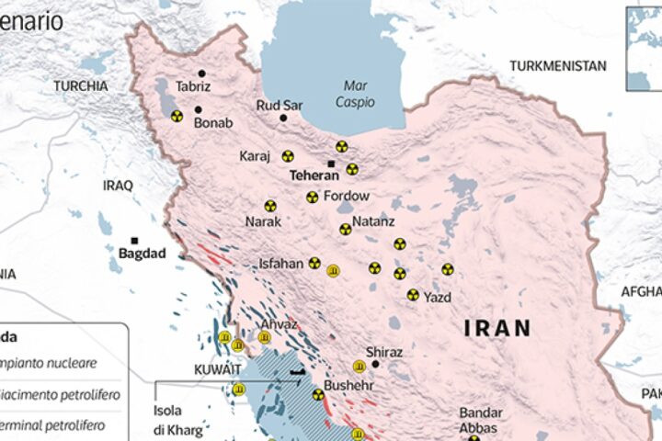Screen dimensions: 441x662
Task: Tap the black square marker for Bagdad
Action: point(134,240)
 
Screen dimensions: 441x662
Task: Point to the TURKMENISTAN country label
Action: point(560,66)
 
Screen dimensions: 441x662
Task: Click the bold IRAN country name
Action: point(496,328)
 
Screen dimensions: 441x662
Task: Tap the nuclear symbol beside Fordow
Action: point(312,197)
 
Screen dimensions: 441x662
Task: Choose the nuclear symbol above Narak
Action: point(270,206)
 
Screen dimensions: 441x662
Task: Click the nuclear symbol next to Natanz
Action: point(345,230)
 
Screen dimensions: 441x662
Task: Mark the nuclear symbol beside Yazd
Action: point(412,295)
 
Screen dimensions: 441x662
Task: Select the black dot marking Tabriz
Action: point(201,73)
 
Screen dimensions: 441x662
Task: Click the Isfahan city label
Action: point(280,264)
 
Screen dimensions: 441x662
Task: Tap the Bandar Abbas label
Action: point(481,421)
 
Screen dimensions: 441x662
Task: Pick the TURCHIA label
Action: point(81,85)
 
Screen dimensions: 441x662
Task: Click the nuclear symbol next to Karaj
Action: point(288,156)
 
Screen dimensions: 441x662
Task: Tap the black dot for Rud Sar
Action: point(283,118)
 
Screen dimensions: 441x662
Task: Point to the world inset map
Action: point(644,46)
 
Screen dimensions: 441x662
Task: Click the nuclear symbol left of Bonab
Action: point(176,116)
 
